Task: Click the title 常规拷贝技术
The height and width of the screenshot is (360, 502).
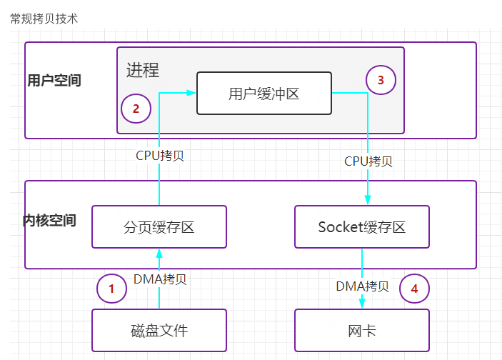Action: pos(44,19)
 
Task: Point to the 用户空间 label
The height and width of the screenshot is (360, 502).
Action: pos(54,81)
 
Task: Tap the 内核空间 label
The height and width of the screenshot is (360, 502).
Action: pos(50,220)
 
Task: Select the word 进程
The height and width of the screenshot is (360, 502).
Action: pos(143,70)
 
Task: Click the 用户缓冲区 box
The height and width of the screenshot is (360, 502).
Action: pos(264,93)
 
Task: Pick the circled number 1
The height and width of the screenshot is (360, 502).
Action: pos(111,289)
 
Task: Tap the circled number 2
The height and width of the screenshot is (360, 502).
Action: pos(136,109)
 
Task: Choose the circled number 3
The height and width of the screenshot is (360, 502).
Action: pos(381,80)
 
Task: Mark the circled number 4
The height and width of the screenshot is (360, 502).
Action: pos(414,289)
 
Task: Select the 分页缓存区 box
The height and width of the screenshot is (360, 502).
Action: pos(159,227)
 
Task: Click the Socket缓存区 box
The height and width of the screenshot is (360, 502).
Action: pos(362,227)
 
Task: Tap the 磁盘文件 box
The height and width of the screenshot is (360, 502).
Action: pos(159,331)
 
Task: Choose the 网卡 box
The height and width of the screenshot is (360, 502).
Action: pos(362,331)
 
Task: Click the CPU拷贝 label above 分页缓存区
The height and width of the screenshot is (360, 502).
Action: pos(160,155)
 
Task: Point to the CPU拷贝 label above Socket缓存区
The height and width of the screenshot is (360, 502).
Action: pos(368,161)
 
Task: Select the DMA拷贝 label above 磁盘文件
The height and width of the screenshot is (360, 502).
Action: pos(160,279)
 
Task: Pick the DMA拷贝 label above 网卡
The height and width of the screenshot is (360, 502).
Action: pos(363,286)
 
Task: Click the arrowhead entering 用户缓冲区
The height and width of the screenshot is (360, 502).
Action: pos(191,93)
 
